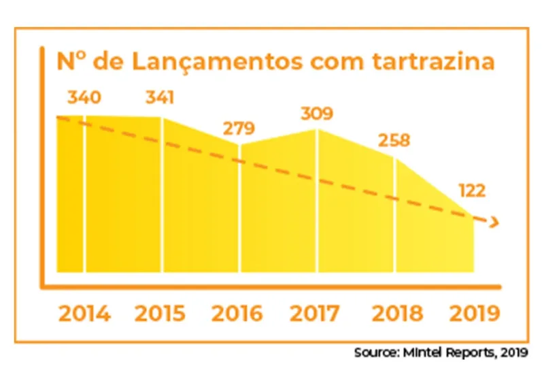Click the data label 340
pyautogui.click(x=84, y=98)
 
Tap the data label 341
pyautogui.click(x=160, y=98)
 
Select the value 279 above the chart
pyautogui.click(x=238, y=128)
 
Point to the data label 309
pyautogui.click(x=316, y=114)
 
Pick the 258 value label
pyautogui.click(x=394, y=142)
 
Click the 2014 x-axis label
pyautogui.click(x=84, y=314)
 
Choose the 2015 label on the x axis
pyautogui.click(x=160, y=314)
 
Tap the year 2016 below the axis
pyautogui.click(x=237, y=314)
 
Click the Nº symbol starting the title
pyautogui.click(x=70, y=62)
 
